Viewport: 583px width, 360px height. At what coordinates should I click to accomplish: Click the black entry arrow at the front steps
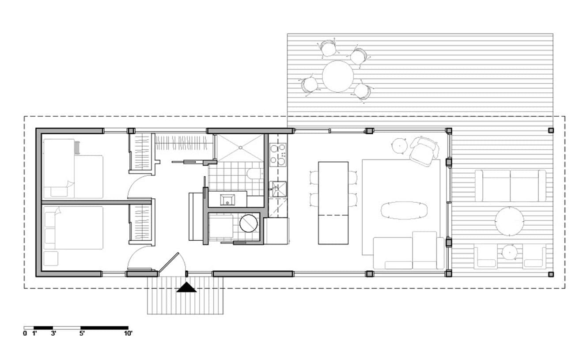[186, 288]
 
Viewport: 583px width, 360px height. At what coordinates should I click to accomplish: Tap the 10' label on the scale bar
[129, 333]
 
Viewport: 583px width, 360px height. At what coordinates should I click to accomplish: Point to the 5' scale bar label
[82, 333]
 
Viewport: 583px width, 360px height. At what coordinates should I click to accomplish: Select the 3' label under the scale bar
[53, 333]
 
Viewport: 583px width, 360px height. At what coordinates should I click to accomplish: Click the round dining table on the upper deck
[338, 76]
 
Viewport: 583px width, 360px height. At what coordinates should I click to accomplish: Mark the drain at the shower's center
[240, 148]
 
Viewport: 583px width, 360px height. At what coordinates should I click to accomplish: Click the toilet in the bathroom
[255, 174]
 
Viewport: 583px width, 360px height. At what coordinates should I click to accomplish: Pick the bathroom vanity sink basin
[227, 200]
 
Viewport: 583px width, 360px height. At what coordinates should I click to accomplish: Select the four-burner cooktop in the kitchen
[278, 155]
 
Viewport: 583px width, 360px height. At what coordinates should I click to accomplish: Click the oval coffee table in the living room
[404, 210]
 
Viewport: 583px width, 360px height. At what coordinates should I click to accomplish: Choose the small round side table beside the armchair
[399, 146]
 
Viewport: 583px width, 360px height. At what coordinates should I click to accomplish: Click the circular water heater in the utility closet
[249, 224]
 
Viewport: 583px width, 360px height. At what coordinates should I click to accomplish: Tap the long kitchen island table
[333, 203]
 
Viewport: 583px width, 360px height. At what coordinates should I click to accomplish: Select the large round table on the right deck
[509, 221]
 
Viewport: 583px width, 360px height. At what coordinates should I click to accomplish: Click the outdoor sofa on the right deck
[511, 186]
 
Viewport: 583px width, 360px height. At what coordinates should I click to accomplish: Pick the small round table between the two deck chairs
[510, 252]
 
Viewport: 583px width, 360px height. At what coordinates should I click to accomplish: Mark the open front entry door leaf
[169, 262]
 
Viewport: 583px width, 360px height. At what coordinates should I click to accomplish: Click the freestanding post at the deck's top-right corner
[551, 130]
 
